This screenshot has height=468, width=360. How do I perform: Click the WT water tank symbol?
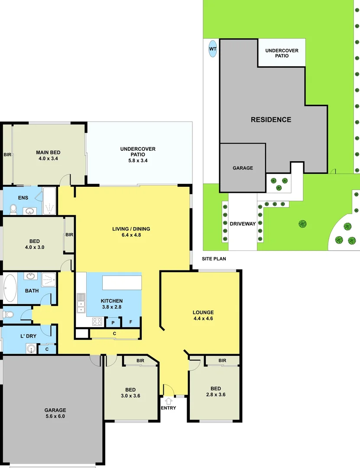[x=212, y=49]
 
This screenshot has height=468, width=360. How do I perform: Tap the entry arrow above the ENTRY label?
[x=169, y=401]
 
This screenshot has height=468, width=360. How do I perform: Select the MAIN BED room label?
[x=48, y=155]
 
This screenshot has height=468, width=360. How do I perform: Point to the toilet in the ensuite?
[x=13, y=210]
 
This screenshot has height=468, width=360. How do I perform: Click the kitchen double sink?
[x=81, y=303]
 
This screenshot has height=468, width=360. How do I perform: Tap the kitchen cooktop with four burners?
[x=97, y=322]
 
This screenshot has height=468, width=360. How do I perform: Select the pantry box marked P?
[x=113, y=323]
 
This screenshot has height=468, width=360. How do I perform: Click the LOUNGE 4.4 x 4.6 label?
[x=203, y=315]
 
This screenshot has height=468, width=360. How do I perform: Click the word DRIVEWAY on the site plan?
[x=243, y=224]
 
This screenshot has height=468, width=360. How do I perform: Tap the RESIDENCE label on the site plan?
[x=271, y=120]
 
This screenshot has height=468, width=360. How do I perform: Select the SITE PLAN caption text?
[x=214, y=259]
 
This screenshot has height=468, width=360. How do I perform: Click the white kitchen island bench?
[x=122, y=283]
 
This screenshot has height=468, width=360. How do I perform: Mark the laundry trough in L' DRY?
[x=31, y=348]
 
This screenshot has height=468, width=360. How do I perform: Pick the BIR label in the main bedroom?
[x=7, y=155]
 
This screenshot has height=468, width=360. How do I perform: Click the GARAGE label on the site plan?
[x=243, y=168]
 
